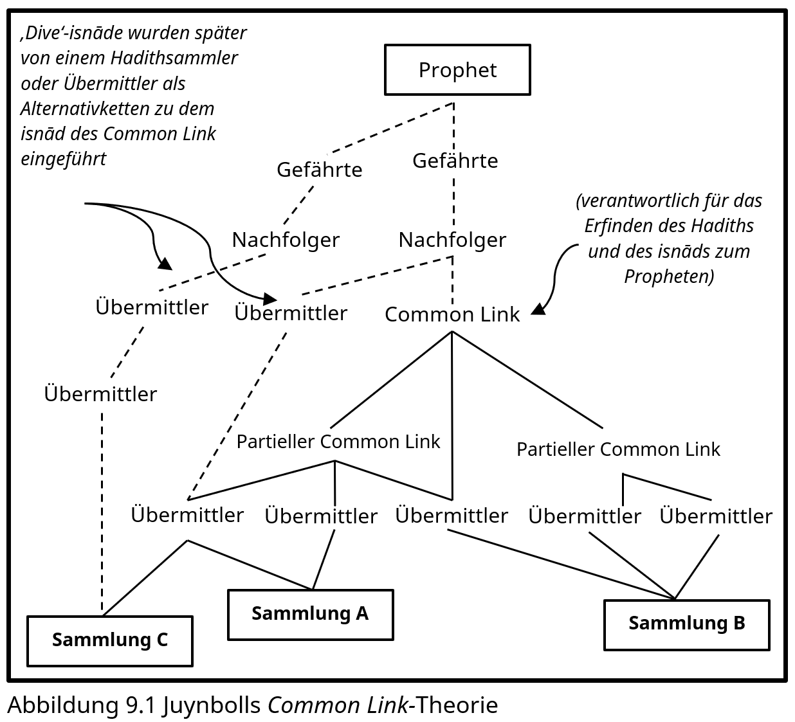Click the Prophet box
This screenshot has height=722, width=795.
pos(457,69)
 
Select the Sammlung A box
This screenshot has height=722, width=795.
pos(310,614)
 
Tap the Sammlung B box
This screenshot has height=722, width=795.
pos(686,624)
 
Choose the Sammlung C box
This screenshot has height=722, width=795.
pos(109,640)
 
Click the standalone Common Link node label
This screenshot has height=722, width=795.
pos(452,314)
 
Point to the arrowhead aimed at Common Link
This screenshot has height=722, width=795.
pos(538,309)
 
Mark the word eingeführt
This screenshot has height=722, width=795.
pos(63,159)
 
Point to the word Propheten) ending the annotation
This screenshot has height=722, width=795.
pos(669,276)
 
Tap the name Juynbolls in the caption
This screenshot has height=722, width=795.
pos(212,705)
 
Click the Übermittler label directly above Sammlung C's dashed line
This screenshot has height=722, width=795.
pos(100,393)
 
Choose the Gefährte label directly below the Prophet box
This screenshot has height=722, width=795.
pos(455,160)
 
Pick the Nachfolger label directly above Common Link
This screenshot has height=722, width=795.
pos(452,240)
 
